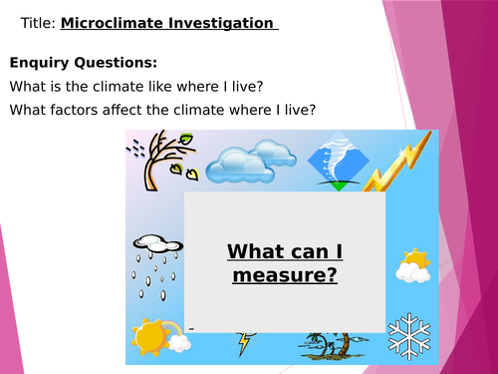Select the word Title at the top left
36,22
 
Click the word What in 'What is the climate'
29,86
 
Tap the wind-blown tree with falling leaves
156,163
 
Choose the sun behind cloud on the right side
411,264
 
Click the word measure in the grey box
284,271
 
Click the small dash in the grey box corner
189,327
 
